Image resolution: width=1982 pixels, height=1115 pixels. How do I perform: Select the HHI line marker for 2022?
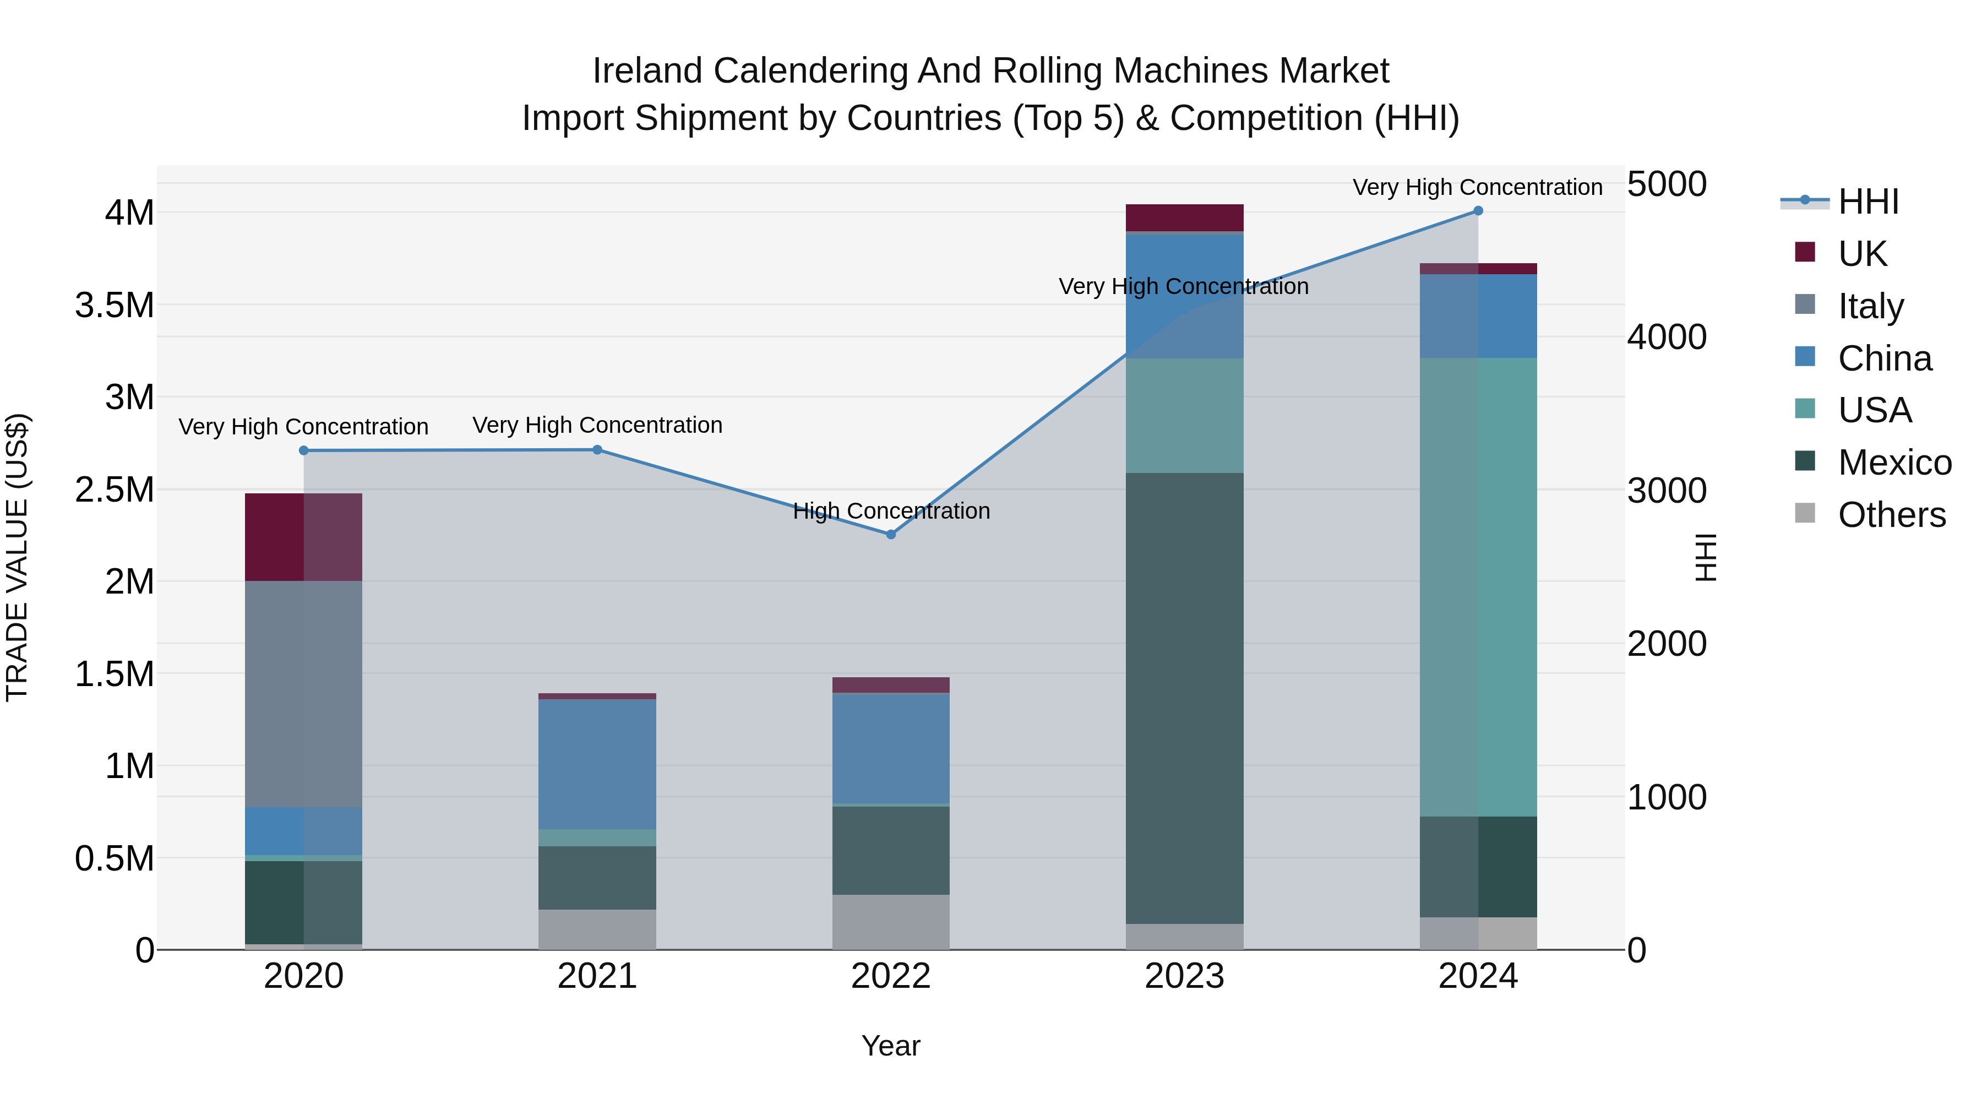click(891, 534)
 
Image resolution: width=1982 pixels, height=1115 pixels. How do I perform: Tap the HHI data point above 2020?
click(304, 451)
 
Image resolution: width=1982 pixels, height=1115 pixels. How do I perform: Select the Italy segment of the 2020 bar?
click(304, 693)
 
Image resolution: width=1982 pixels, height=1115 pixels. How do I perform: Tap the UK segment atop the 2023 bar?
click(1184, 217)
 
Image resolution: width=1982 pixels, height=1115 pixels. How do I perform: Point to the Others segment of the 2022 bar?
click(891, 921)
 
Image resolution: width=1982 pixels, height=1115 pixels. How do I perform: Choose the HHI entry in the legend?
click(1867, 202)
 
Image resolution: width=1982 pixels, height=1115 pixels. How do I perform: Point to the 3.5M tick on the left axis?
click(114, 306)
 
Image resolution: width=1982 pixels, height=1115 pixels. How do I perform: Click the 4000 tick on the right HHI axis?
click(1667, 337)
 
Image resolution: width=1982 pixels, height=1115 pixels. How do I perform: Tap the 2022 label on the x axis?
click(891, 976)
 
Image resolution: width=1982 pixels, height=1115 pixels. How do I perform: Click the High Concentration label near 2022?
click(891, 511)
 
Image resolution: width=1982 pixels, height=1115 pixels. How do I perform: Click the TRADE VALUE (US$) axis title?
click(17, 557)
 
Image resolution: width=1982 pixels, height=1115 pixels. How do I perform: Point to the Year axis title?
click(891, 1046)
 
